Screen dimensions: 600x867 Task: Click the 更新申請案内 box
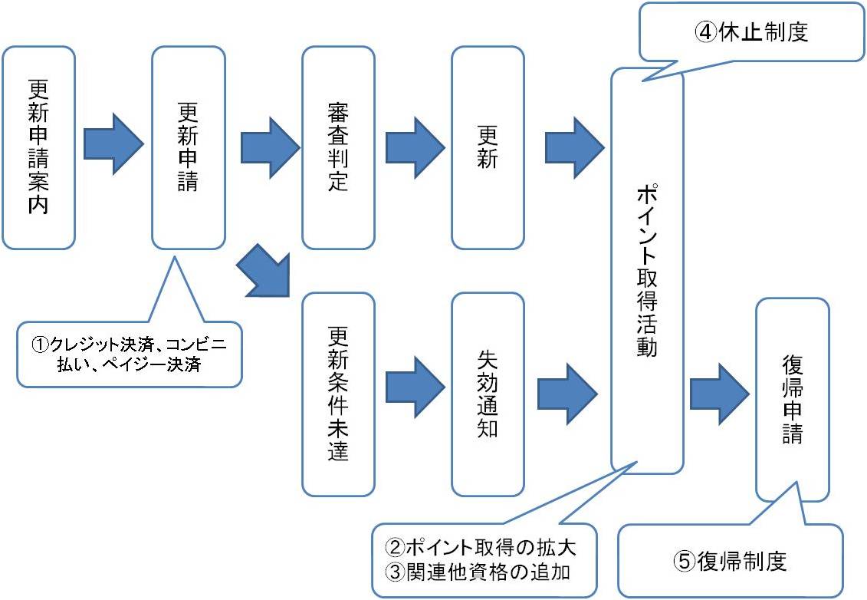coord(38,147)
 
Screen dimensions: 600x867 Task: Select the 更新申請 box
coord(188,147)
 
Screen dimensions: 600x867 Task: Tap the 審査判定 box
coord(337,147)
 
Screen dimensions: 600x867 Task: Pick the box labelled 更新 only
coord(488,147)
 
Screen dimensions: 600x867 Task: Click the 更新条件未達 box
coord(338,393)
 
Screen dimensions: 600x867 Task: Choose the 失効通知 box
coord(488,393)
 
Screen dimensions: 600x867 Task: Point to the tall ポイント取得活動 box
coord(646,270)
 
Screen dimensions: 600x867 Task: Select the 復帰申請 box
coord(792,399)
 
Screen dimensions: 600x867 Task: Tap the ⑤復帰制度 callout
coord(730,561)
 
